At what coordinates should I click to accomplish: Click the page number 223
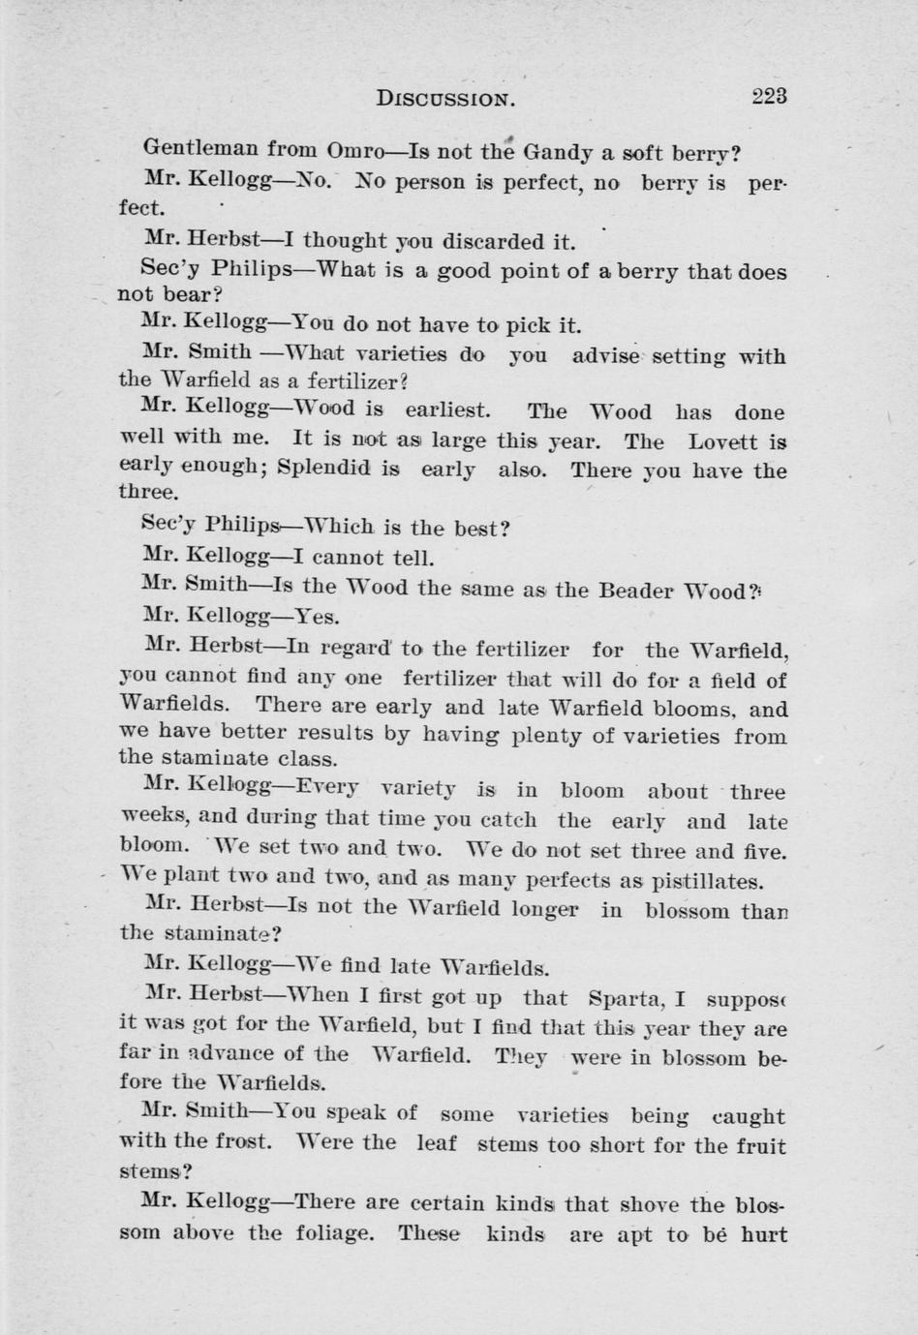(768, 96)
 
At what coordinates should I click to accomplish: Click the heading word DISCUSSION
(445, 98)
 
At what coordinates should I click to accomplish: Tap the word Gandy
(558, 152)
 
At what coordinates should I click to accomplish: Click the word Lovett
(722, 441)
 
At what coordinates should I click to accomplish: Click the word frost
(241, 1141)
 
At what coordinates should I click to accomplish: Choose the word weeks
(150, 817)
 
